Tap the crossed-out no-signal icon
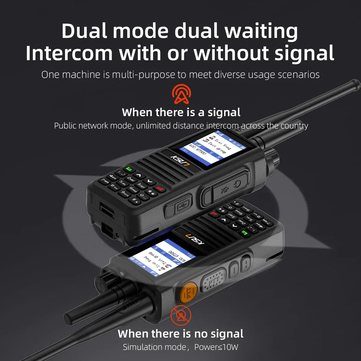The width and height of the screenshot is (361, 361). (x=181, y=315)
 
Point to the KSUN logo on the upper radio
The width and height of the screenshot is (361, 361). (x=178, y=159)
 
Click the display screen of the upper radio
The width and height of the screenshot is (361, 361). (x=212, y=145)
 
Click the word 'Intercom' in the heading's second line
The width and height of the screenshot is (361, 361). (x=69, y=53)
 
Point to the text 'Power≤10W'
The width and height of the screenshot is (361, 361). (x=216, y=347)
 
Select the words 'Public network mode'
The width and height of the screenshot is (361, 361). (x=93, y=125)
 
